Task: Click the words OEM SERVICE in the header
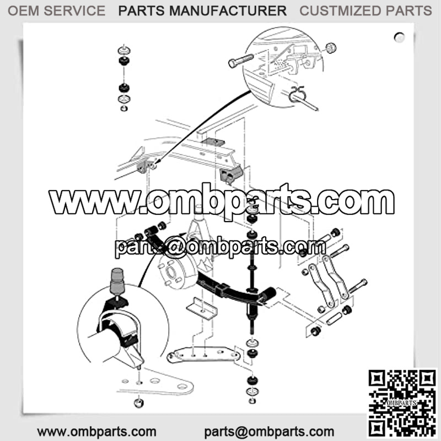pos(57,11)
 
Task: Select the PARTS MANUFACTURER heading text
pos(202,11)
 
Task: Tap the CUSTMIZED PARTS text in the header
pos(365,11)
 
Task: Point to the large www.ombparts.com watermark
pos(222,201)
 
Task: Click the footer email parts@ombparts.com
pos(269,432)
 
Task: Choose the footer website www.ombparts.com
pos(97,432)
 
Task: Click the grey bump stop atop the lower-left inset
pos(117,281)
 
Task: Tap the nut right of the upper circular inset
pos(331,48)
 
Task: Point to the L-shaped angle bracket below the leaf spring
pos(202,309)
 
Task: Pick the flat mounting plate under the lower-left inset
pos(157,385)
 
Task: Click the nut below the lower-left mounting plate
pos(139,403)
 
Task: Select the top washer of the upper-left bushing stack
pos(124,50)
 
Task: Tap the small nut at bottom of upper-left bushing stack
pos(124,108)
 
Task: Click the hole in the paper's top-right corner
pos(399,37)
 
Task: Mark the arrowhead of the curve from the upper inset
pos(158,162)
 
